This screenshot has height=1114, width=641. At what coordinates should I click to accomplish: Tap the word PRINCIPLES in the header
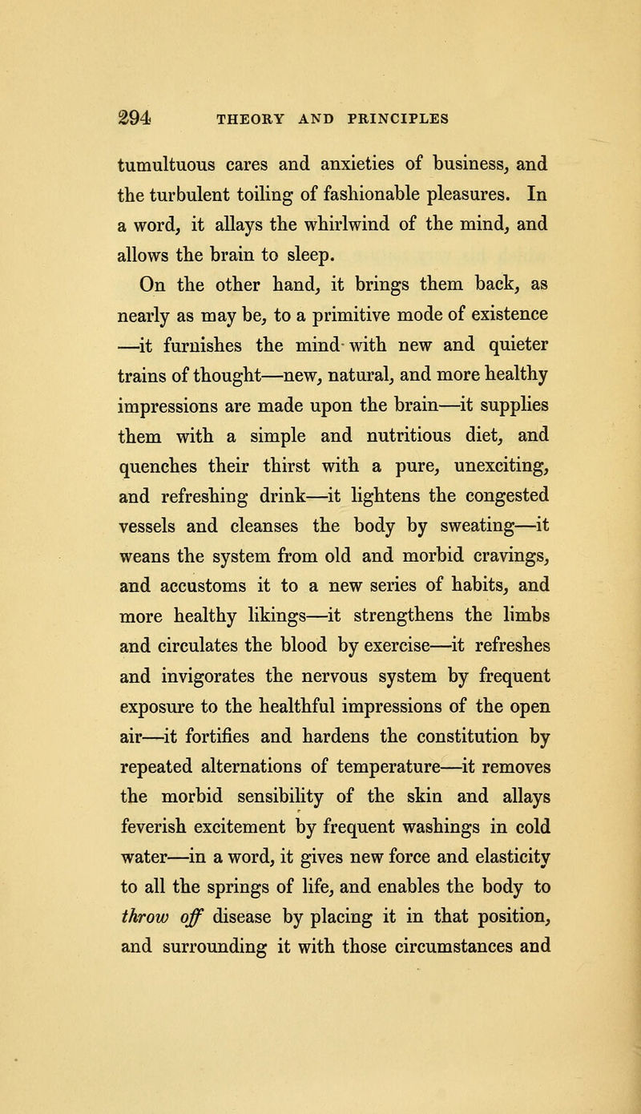click(415, 119)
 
